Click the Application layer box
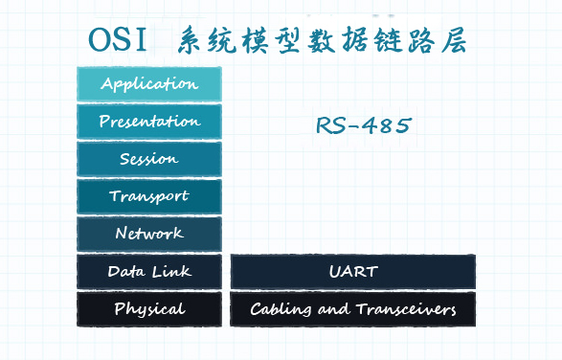(148, 84)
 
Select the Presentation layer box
(148, 122)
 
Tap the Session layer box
(148, 159)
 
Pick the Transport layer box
(148, 196)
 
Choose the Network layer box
(148, 234)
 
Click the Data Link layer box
(148, 271)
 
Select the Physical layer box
(148, 309)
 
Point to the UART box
(352, 271)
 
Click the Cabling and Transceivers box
(352, 309)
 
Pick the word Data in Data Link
(126, 271)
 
